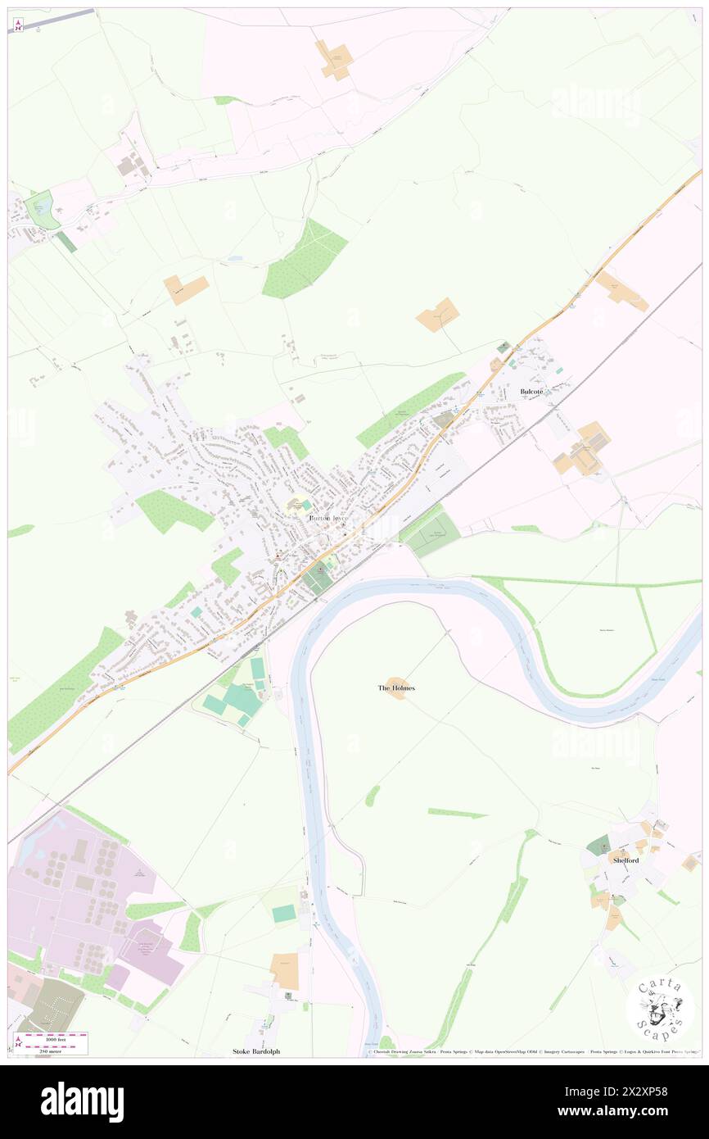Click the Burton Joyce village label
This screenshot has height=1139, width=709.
[x=329, y=519]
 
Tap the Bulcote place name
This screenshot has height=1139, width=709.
[x=531, y=393]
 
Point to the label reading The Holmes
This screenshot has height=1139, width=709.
[x=396, y=688]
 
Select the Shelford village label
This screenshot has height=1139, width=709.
[x=625, y=860]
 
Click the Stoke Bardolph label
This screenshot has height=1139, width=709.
[x=256, y=1051]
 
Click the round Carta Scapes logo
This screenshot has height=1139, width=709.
[x=660, y=1009]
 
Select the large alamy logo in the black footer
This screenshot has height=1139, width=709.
[x=82, y=1101]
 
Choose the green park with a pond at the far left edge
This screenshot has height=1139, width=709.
[x=39, y=209]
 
